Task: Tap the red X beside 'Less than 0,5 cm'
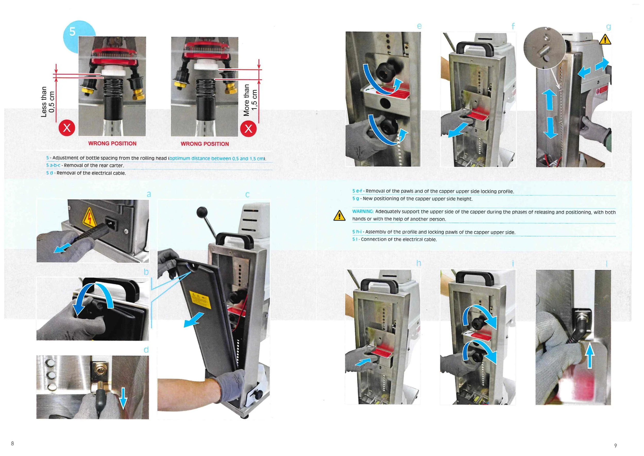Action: (67, 128)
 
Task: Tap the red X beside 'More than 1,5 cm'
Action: (249, 129)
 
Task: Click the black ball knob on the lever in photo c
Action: (202, 212)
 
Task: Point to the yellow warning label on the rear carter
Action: (200, 300)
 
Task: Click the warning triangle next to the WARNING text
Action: (340, 216)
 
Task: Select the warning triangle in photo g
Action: (605, 40)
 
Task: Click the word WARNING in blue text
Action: (363, 211)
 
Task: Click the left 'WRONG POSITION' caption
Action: (113, 143)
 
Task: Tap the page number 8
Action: (12, 443)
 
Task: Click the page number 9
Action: (615, 446)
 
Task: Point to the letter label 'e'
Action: (419, 26)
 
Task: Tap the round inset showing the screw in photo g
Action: (544, 48)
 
